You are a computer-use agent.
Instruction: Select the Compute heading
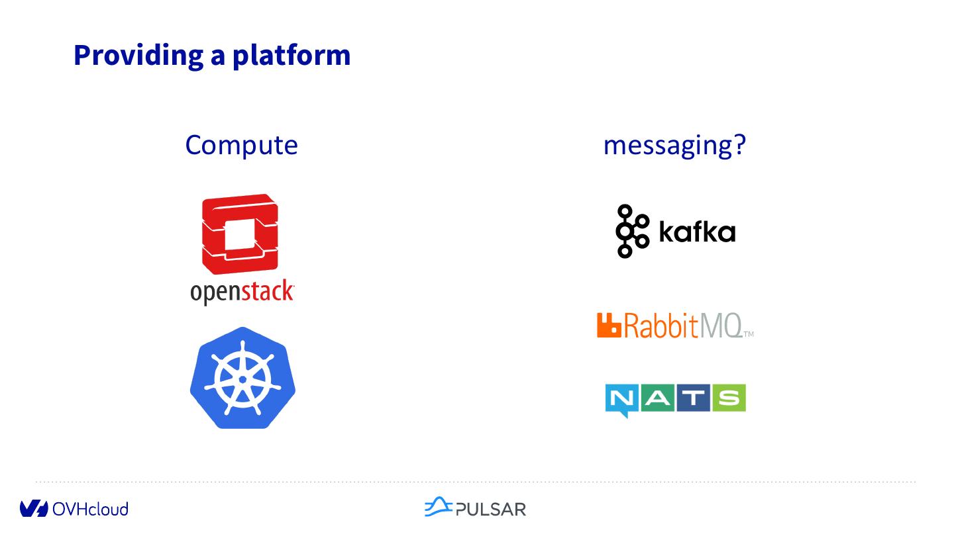pos(241,145)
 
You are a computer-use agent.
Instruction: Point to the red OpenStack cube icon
pos(240,234)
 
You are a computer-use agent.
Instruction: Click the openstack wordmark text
pos(242,292)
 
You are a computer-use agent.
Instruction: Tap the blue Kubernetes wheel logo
pos(242,379)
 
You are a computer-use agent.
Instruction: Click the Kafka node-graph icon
pos(631,231)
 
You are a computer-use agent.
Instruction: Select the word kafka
pos(697,232)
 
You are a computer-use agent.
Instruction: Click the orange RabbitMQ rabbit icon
pos(609,325)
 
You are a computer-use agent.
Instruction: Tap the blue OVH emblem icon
pos(34,509)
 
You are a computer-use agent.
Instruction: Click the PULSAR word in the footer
pos(491,509)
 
